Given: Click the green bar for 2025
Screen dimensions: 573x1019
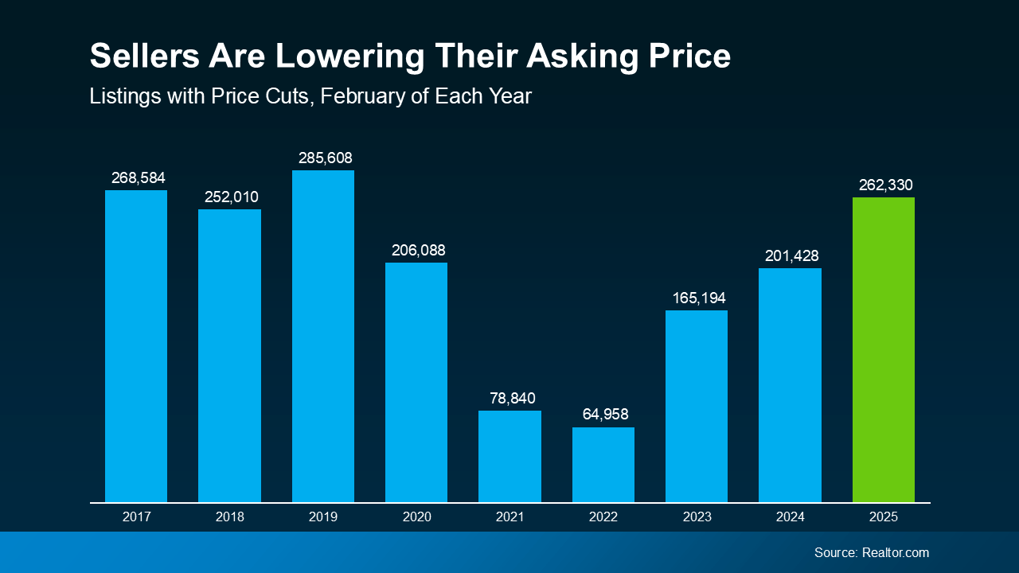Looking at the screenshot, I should (x=883, y=350).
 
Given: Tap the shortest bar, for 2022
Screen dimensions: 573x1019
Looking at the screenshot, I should (x=603, y=465).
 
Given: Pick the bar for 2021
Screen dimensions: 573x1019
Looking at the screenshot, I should (x=509, y=457).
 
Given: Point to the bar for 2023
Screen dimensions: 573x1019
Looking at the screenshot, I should (x=696, y=407).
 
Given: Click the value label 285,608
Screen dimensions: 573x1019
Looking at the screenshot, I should (x=325, y=158).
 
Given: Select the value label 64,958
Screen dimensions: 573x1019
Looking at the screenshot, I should (x=603, y=415).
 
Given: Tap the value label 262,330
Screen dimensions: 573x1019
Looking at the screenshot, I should (x=885, y=185).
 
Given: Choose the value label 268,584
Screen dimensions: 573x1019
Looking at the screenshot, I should (x=138, y=177).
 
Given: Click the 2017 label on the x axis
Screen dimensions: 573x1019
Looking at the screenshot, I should (x=136, y=516).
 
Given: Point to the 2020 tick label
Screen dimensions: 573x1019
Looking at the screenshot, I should (x=416, y=516).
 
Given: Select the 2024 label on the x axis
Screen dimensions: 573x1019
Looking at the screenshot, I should (x=790, y=516).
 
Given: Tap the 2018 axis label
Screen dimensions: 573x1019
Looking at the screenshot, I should (x=229, y=516).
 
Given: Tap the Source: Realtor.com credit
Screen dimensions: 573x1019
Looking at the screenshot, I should (x=871, y=552).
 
